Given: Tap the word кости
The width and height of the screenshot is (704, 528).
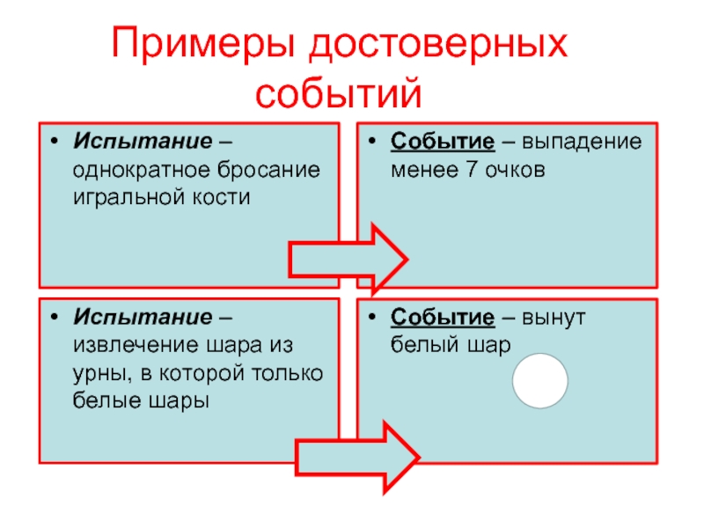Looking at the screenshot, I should [x=224, y=196].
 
